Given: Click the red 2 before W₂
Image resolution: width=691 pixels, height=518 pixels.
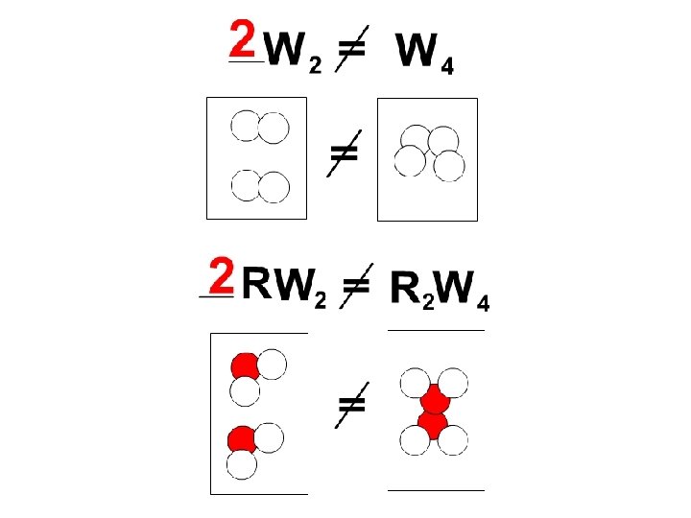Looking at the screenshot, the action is [243, 39].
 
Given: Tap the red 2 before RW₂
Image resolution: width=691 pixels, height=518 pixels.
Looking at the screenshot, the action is [222, 277].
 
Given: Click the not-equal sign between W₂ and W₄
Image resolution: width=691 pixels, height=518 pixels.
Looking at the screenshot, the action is [352, 49].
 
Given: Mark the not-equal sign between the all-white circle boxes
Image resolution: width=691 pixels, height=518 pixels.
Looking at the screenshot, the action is [343, 152].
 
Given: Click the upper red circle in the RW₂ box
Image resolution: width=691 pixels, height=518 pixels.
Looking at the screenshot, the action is [245, 365].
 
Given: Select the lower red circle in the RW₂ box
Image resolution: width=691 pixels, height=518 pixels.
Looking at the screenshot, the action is [241, 439].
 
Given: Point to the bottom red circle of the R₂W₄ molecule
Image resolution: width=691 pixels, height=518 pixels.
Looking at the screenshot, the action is [433, 423].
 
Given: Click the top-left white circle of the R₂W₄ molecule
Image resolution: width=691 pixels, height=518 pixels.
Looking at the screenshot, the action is [416, 382].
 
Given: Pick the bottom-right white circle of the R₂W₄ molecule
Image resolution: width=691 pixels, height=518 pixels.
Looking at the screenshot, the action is [452, 440].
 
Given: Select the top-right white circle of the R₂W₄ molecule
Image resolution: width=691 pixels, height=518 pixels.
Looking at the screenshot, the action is [453, 382].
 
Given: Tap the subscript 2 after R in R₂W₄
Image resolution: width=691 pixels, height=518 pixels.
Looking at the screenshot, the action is [429, 304].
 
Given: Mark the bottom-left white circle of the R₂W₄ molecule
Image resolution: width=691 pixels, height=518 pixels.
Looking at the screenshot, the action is [415, 440].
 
